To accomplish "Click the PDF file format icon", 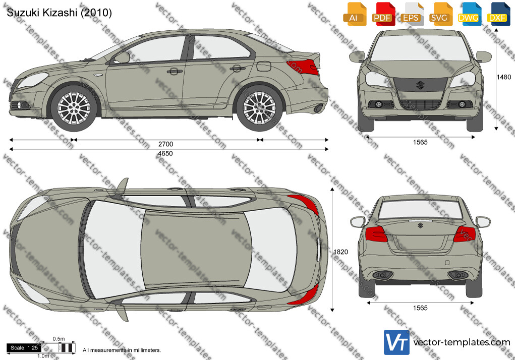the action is point(382,14).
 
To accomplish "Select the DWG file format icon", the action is point(469,14).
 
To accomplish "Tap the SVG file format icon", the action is point(440,14).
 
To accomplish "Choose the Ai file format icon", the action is point(354,14).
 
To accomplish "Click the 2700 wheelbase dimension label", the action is point(165,144).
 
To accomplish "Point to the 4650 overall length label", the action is point(165,154).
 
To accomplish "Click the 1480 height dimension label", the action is point(503,77).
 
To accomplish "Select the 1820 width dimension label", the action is point(340,252).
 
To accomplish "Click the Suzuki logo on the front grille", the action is point(420,85).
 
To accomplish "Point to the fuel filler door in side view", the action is point(264,66).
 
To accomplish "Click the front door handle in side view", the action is point(175,71).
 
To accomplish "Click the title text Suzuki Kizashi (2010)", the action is point(59,13).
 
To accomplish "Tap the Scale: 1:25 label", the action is point(24,348).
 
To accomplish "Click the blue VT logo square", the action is point(396,342).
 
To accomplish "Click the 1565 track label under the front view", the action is point(420,142).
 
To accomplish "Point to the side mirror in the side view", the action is point(122,57).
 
